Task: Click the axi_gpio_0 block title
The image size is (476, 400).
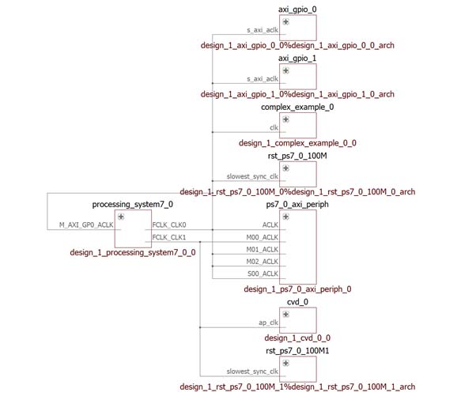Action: pos(297,9)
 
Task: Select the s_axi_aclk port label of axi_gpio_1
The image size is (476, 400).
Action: pos(263,79)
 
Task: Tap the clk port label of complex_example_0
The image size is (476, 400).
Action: pos(274,127)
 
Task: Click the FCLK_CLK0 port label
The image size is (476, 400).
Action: pos(169,225)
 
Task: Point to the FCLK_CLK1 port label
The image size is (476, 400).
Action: pos(169,237)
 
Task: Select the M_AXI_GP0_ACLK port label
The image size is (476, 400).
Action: pos(87,225)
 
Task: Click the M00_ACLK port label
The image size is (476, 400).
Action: pos(263,237)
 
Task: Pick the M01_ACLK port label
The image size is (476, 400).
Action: pos(263,250)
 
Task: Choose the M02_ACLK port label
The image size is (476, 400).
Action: pos(263,262)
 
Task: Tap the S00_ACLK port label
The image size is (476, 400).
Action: pos(263,274)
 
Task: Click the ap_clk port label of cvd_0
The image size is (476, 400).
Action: pos(269,323)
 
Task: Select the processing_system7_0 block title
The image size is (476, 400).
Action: pos(133,204)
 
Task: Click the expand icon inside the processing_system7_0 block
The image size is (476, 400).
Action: pos(121,216)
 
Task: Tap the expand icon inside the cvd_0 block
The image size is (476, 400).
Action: pos(285,314)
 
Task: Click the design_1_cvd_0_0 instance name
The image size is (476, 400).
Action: pos(297,338)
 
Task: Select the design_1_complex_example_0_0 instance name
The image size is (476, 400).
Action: pos(297,143)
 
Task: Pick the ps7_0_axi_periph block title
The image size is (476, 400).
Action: pos(297,204)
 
